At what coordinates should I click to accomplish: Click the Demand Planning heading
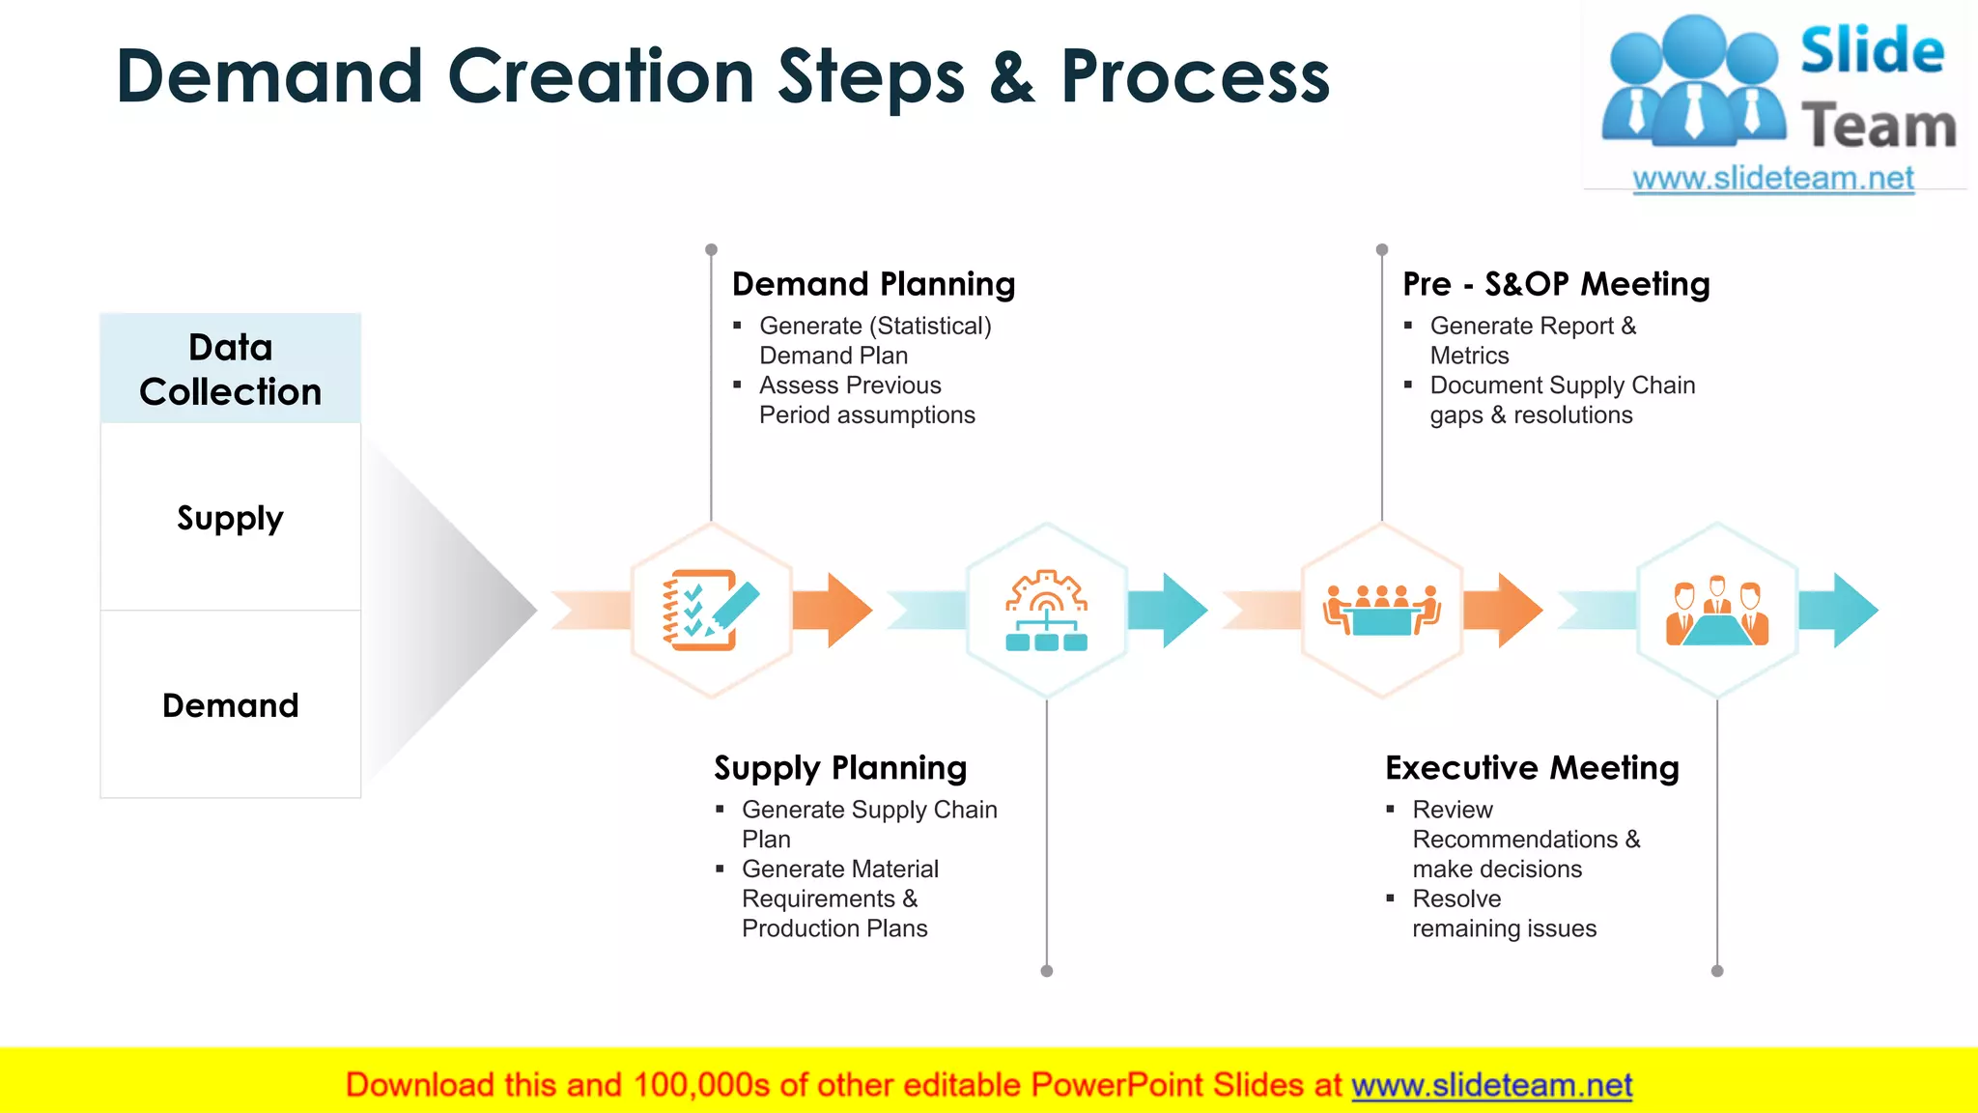[873, 284]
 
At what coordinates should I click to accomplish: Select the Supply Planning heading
[840, 768]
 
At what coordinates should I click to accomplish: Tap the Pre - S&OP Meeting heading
[1556, 284]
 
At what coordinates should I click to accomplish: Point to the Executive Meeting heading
[1532, 768]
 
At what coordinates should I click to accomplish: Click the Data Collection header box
[231, 369]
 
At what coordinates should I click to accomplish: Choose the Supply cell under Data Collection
[231, 518]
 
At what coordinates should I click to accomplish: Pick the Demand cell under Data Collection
[231, 705]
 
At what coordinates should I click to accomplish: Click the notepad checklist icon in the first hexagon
[711, 610]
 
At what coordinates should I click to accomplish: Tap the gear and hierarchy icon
[1046, 610]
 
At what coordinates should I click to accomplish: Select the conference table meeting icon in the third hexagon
[1381, 610]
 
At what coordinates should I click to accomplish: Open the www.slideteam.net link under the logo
[1773, 179]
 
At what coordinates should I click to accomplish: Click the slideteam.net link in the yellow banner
[1491, 1085]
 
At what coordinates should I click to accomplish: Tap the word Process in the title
[1195, 77]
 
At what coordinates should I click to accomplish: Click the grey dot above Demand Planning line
[711, 249]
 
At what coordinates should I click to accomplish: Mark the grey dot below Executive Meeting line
[1716, 971]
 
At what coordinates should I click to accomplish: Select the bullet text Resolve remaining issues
[1503, 914]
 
